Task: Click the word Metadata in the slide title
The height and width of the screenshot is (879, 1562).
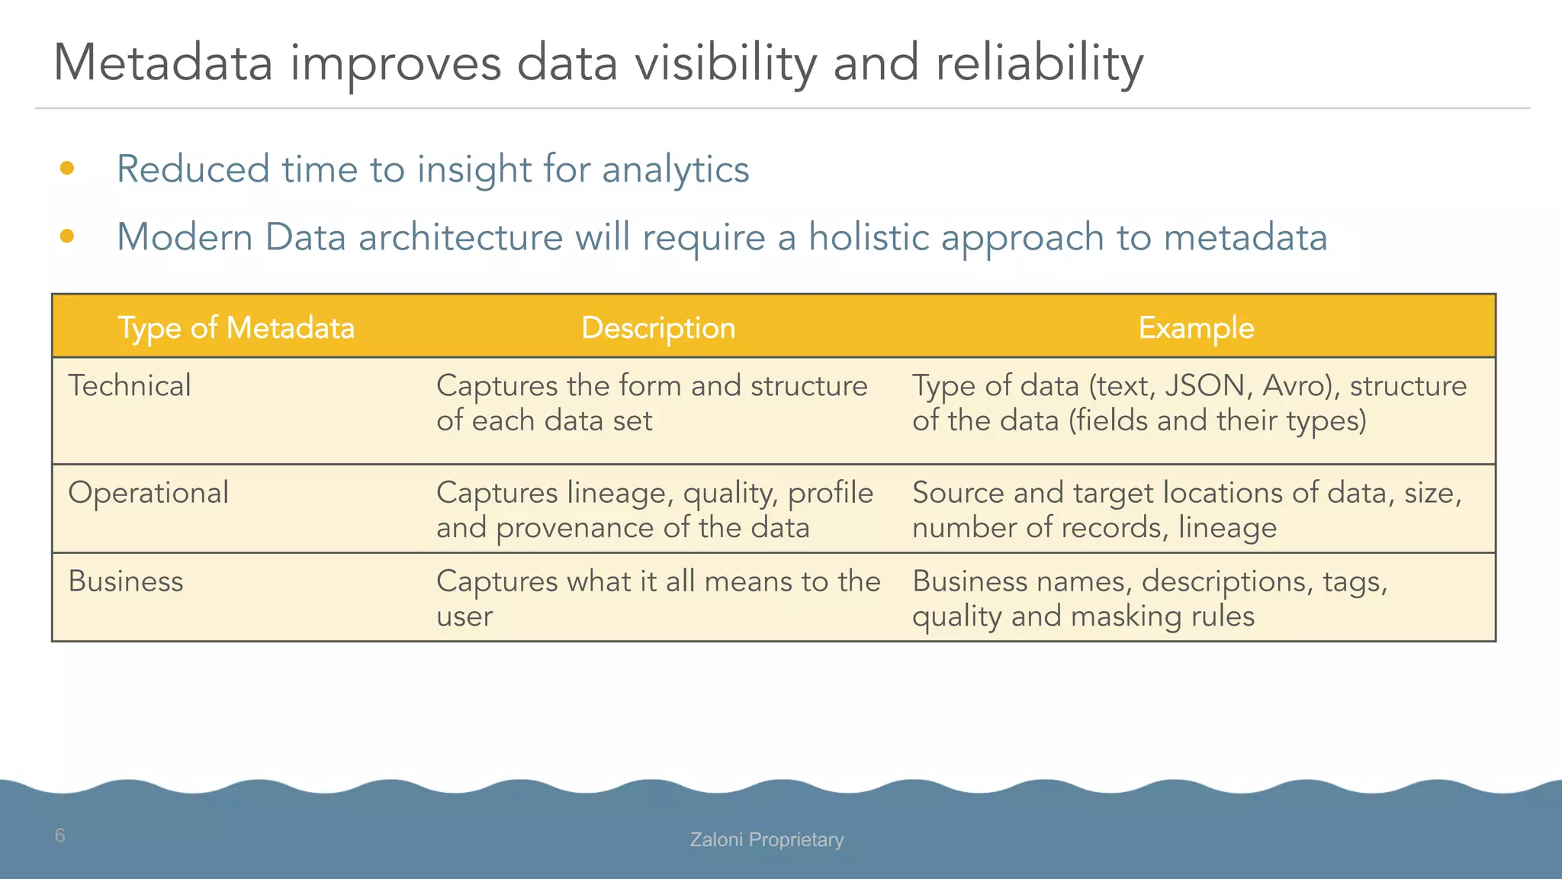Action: pyautogui.click(x=162, y=63)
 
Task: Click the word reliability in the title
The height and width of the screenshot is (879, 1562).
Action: pyautogui.click(x=1039, y=63)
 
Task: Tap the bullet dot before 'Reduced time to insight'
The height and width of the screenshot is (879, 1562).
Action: pyautogui.click(x=67, y=169)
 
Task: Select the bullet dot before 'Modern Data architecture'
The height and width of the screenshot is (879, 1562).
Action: pyautogui.click(x=67, y=237)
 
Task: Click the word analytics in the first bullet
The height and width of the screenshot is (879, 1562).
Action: pyautogui.click(x=675, y=169)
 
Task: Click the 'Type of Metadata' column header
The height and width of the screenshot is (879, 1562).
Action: pyautogui.click(x=236, y=328)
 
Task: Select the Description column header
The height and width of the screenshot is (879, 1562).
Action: pyautogui.click(x=658, y=328)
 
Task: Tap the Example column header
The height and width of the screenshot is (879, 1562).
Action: pyautogui.click(x=1196, y=328)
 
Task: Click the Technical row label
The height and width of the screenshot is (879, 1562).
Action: pyautogui.click(x=130, y=386)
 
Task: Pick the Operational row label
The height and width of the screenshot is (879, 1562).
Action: pyautogui.click(x=149, y=493)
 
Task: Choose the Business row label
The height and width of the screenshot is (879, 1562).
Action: pyautogui.click(x=126, y=581)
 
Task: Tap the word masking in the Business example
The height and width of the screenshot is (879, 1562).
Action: pyautogui.click(x=1129, y=617)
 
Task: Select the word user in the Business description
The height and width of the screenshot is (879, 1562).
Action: pyautogui.click(x=464, y=617)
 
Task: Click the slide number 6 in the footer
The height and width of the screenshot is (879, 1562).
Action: pyautogui.click(x=60, y=836)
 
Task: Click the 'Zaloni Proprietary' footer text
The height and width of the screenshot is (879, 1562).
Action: pyautogui.click(x=767, y=840)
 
